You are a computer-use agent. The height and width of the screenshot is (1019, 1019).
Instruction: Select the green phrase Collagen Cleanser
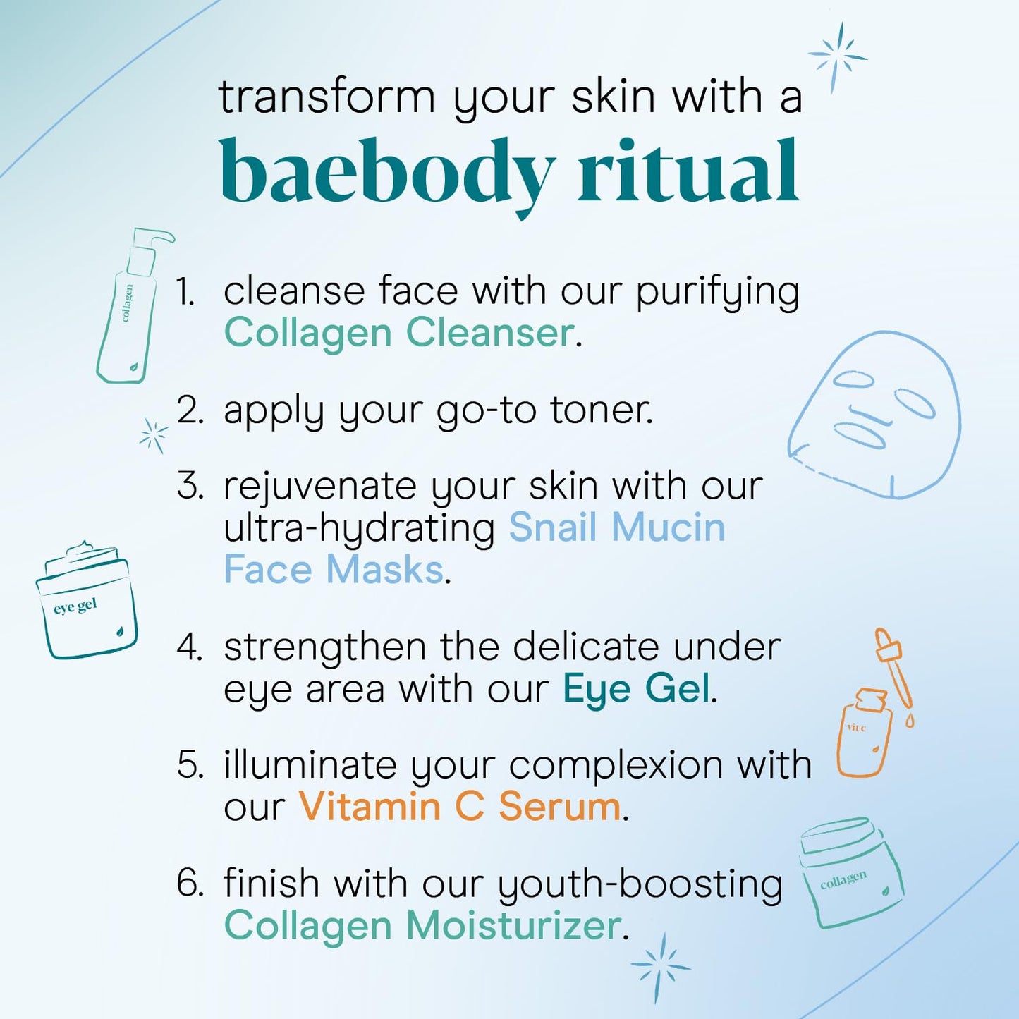398,333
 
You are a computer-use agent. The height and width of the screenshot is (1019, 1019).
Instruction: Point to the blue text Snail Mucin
617,527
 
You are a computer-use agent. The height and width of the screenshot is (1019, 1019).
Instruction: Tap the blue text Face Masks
334,570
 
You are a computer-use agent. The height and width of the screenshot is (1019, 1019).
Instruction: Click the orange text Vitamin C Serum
460,807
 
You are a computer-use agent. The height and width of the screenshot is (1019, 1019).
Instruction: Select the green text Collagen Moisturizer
422,925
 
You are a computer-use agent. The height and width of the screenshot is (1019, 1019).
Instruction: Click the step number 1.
185,292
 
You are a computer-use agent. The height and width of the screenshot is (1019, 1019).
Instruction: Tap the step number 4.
190,647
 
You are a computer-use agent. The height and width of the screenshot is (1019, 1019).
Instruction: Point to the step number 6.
190,884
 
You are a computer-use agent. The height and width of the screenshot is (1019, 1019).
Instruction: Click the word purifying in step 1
718,292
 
